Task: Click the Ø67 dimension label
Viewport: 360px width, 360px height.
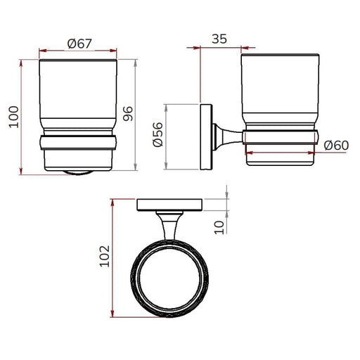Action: pos(79,44)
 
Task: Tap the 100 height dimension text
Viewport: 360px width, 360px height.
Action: pos(14,117)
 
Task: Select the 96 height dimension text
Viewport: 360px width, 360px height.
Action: pos(128,114)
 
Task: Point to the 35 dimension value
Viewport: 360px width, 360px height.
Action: pos(219,39)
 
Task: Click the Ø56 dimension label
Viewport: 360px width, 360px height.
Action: pos(157,134)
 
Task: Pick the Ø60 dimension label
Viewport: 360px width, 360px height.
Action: pos(336,146)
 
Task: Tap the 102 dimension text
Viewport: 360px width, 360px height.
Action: pos(105,256)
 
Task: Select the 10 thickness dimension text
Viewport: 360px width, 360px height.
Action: pos(219,227)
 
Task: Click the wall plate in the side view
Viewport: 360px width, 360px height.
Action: pos(206,136)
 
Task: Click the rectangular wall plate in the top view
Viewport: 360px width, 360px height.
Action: pos(169,205)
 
